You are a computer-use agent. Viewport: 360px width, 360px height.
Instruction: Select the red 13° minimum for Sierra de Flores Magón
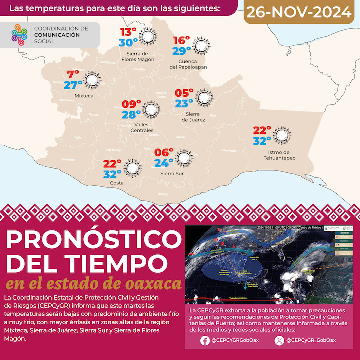tap(128, 32)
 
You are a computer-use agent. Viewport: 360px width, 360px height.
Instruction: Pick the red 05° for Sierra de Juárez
tap(183, 93)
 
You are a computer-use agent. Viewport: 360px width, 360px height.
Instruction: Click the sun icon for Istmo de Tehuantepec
tap(282, 135)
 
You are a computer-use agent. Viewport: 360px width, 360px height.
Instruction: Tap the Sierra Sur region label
tap(171, 173)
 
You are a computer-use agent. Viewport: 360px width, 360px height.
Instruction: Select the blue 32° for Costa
tap(112, 174)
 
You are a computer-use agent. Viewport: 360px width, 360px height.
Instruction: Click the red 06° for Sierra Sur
tap(164, 153)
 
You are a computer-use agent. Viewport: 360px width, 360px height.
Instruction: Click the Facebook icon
tap(204, 341)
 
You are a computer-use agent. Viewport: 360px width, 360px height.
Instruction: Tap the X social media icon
tap(279, 341)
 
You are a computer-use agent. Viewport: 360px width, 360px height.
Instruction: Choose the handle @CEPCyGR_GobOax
tap(312, 341)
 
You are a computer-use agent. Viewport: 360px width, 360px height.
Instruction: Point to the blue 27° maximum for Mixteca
tap(73, 85)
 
